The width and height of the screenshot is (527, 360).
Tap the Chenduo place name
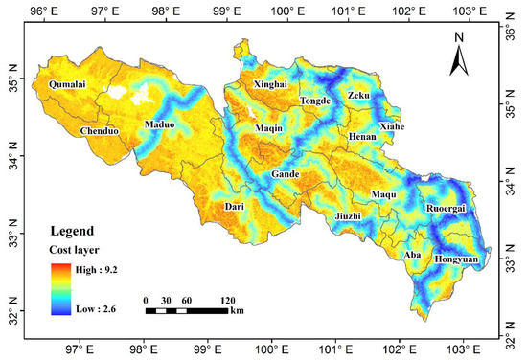[100, 130]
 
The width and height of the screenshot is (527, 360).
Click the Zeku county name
[358, 97]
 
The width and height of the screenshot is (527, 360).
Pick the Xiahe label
[393, 126]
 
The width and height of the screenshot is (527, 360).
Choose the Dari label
[235, 207]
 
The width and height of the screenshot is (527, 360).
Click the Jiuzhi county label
[350, 216]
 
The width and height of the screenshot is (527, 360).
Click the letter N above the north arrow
[459, 36]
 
